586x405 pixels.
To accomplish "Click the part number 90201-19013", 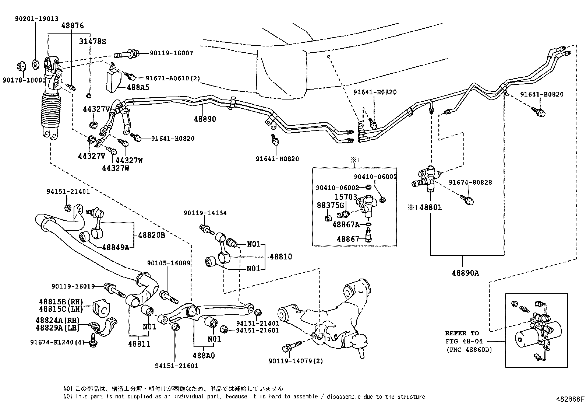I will (37, 19).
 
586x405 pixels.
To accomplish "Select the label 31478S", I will (92, 42).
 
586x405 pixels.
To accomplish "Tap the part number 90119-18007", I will (171, 53).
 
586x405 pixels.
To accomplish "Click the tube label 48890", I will (205, 119).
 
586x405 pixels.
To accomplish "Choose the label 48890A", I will (465, 273).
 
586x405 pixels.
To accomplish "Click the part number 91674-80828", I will (470, 182).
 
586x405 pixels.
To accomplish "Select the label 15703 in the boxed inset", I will (346, 197).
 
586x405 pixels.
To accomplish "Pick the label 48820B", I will (151, 235).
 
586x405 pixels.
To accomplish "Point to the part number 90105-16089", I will (169, 263).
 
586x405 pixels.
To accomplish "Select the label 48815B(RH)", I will (60, 301).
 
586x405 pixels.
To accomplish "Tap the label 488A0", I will (203, 356).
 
